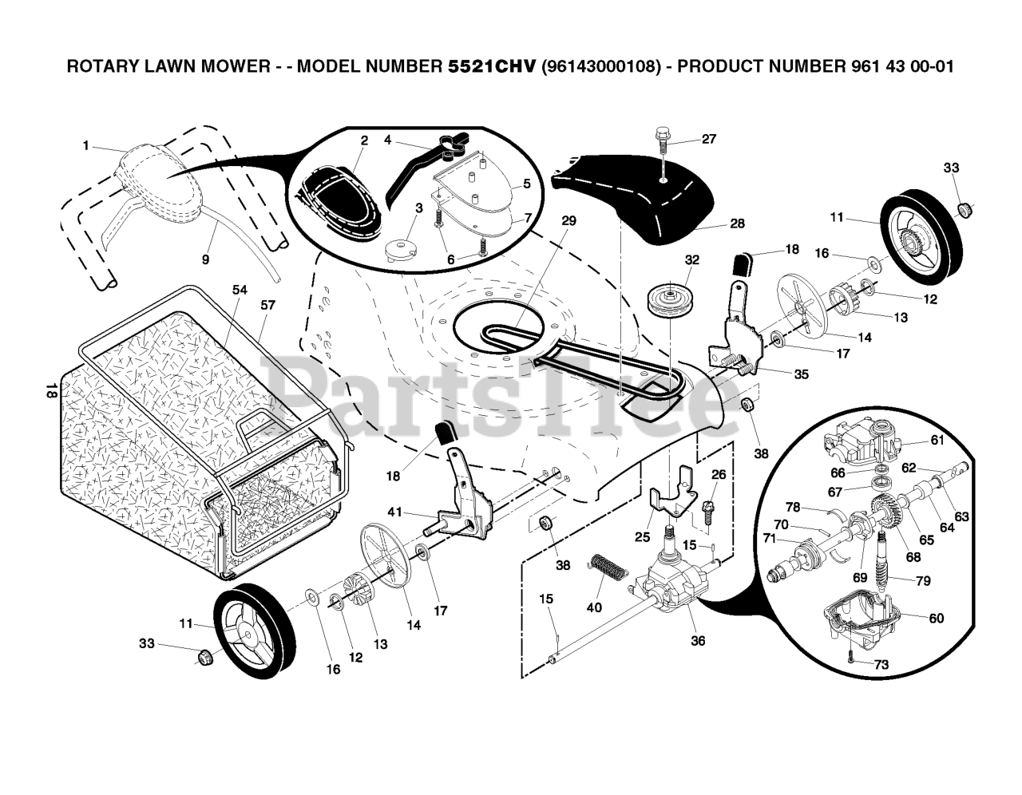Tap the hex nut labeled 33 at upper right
(x=963, y=209)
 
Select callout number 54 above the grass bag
(x=240, y=290)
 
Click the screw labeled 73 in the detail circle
(x=853, y=659)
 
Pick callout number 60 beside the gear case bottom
(x=936, y=619)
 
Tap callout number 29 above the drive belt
(x=568, y=220)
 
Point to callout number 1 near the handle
(x=85, y=145)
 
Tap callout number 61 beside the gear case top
(x=937, y=440)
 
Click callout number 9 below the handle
(x=205, y=259)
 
